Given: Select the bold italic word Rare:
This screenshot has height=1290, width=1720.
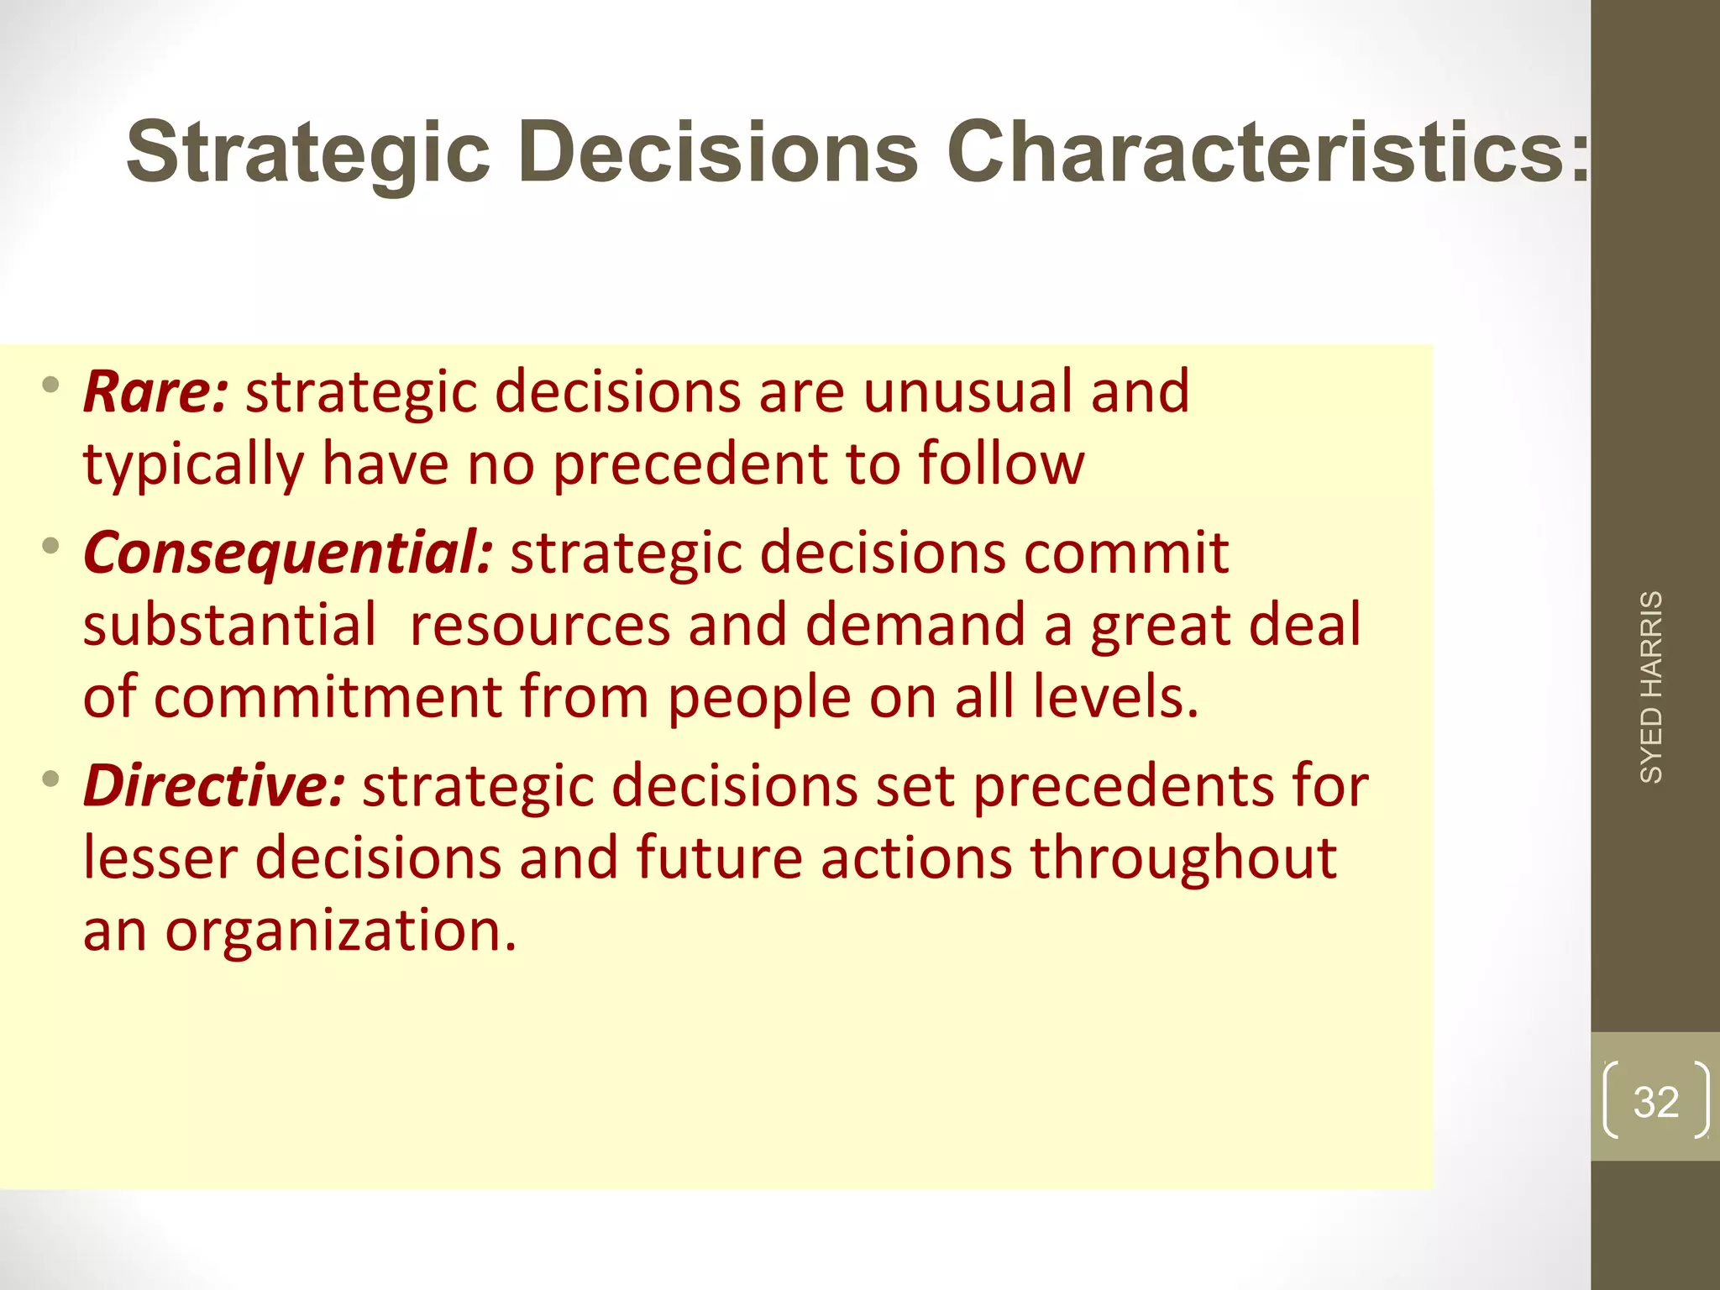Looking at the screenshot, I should (x=155, y=392).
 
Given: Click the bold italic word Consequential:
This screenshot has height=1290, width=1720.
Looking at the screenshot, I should (x=288, y=553).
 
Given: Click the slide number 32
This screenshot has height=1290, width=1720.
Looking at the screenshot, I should (x=1655, y=1101).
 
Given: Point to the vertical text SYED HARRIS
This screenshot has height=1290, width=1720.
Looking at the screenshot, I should (x=1651, y=687).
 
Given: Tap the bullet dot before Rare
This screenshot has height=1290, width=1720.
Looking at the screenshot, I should (x=51, y=386).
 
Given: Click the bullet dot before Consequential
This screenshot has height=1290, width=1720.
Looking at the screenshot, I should (x=51, y=547).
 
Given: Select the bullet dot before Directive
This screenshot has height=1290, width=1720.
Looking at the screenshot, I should (x=51, y=779).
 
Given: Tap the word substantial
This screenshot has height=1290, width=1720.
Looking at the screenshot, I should (x=230, y=626).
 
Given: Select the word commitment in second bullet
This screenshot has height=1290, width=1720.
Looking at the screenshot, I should (x=328, y=698).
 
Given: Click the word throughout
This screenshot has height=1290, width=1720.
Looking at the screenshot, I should (x=1183, y=859).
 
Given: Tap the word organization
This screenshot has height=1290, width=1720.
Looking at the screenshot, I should (x=340, y=931).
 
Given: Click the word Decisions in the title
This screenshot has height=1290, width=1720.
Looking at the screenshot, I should (x=719, y=152).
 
